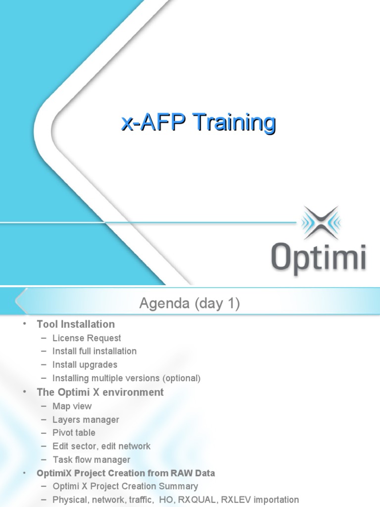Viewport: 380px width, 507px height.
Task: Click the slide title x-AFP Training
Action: pyautogui.click(x=198, y=123)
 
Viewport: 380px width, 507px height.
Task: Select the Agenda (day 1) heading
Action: pyautogui.click(x=190, y=304)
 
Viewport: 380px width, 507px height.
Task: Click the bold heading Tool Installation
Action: pyautogui.click(x=76, y=324)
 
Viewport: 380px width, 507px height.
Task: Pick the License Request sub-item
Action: pyautogui.click(x=87, y=338)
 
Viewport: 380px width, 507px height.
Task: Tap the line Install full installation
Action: pyautogui.click(x=95, y=351)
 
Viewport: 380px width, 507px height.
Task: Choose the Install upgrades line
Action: pyautogui.click(x=85, y=365)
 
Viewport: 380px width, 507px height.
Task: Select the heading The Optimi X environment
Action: pyautogui.click(x=100, y=392)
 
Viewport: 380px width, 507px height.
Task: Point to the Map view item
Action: pyautogui.click(x=72, y=406)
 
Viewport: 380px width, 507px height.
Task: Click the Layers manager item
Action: pyautogui.click(x=86, y=420)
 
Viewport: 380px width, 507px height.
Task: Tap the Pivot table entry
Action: pyautogui.click(x=74, y=433)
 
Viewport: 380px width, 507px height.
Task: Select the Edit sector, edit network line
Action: pyautogui.click(x=101, y=446)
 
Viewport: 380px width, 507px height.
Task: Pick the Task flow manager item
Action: pyautogui.click(x=92, y=460)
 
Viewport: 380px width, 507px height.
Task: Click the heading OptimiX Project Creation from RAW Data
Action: pyautogui.click(x=126, y=473)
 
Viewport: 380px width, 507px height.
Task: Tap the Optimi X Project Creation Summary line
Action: pyautogui.click(x=125, y=486)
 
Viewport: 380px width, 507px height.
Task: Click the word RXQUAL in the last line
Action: pyautogui.click(x=197, y=500)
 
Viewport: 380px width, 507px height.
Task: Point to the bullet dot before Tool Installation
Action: pyautogui.click(x=25, y=324)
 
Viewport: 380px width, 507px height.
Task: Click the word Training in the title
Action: pyautogui.click(x=235, y=123)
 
